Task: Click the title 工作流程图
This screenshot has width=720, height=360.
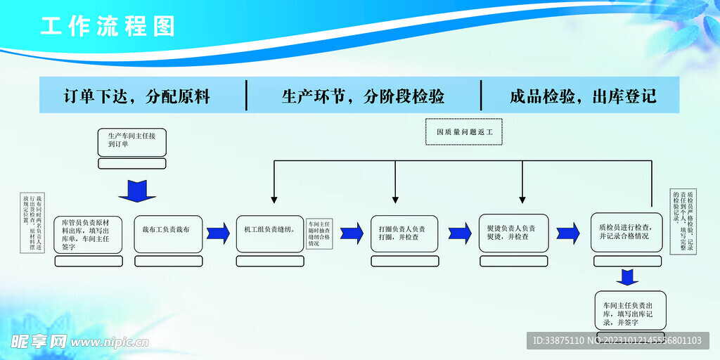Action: click(x=107, y=27)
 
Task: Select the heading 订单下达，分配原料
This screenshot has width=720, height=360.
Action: click(x=136, y=96)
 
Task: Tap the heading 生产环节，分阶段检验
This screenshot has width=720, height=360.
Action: click(x=363, y=96)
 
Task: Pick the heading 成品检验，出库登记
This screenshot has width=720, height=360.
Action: click(x=583, y=96)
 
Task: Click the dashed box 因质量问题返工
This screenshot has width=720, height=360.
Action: click(x=464, y=131)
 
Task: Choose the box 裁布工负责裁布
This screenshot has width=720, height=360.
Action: click(x=168, y=230)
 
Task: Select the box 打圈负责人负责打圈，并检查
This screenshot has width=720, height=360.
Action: click(x=404, y=233)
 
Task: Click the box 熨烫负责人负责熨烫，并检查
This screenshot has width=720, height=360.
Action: click(x=513, y=233)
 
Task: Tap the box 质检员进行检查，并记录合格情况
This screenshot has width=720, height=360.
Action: click(x=626, y=232)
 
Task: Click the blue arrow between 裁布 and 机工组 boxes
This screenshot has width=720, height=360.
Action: click(x=218, y=233)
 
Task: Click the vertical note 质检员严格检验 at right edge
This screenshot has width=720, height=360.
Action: click(x=686, y=221)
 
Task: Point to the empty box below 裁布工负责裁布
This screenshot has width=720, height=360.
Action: click(x=168, y=261)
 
